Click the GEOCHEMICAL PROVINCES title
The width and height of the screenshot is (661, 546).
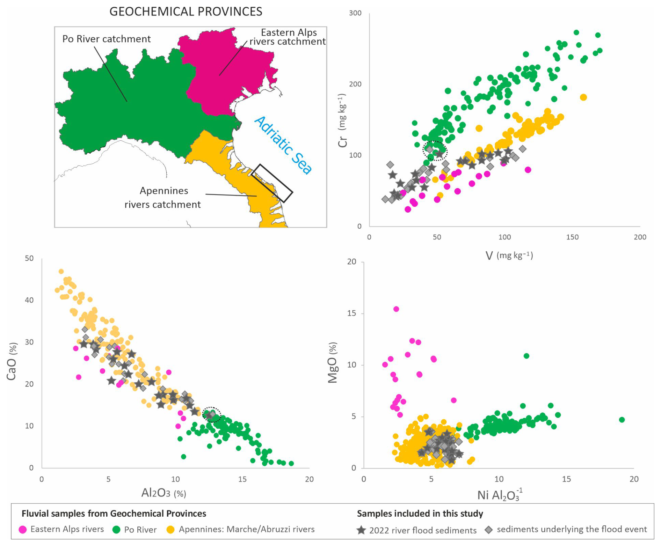186,12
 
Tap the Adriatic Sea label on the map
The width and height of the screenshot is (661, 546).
283,145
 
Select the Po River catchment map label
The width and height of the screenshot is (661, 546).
106,39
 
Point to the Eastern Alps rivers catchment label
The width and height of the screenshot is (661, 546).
288,37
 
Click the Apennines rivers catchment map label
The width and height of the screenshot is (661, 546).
163,197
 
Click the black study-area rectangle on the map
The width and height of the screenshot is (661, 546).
272,183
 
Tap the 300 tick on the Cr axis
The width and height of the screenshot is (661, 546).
355,13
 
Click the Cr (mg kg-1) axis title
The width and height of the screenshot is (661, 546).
342,120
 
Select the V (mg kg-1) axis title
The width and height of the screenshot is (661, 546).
509,256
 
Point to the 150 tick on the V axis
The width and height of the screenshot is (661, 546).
572,237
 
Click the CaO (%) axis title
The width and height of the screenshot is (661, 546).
12,361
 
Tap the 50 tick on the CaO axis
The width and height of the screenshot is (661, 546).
29,258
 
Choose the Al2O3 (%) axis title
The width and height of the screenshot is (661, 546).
164,493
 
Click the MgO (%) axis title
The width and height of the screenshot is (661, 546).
333,362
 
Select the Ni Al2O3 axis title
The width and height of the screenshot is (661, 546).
500,495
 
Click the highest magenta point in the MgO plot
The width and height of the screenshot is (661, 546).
396,309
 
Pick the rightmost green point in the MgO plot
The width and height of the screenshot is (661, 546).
622,420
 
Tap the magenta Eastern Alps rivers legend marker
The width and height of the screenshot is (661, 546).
23,530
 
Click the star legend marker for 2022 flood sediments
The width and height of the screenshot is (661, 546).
361,530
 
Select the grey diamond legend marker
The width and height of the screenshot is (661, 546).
489,530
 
